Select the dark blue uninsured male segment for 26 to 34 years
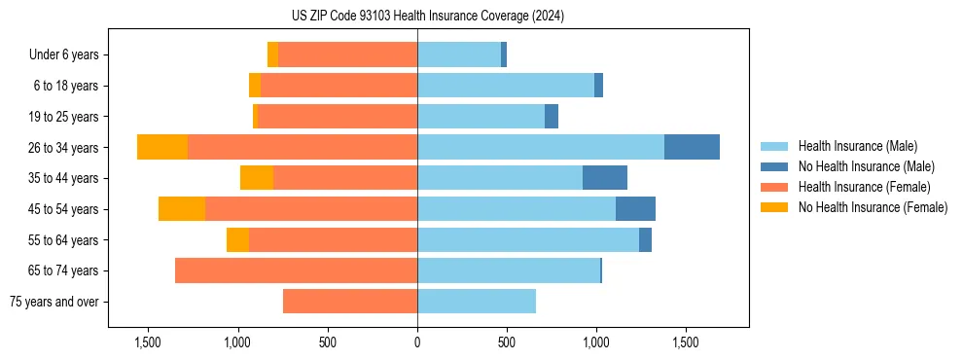coord(692,147)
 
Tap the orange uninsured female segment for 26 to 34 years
coord(162,147)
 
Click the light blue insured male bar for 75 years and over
coord(477,302)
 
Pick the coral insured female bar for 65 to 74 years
coord(296,270)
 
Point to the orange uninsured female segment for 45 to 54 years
coord(182,209)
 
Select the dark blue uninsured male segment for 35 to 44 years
coord(604,178)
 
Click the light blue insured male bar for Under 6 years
coord(459,54)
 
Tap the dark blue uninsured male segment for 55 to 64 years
coord(645,240)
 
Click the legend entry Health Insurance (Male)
coord(857,146)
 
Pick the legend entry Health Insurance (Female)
coord(864,187)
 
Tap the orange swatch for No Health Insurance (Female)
coord(774,207)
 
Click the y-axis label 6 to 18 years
coord(65,86)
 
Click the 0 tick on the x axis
coord(417,342)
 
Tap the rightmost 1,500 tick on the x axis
coord(685,342)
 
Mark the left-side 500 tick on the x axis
coord(328,342)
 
